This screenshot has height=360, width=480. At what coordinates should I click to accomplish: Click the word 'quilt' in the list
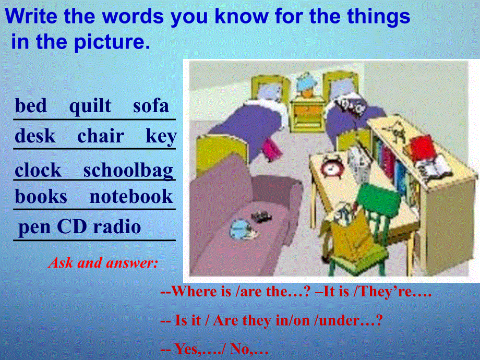[x=90, y=106]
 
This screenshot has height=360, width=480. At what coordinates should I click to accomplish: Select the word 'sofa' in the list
[x=151, y=106]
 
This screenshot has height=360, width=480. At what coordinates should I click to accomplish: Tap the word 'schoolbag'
[x=128, y=171]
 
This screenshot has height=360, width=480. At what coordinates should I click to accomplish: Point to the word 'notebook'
[x=131, y=197]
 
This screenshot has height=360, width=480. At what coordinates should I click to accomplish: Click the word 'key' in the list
[x=161, y=137]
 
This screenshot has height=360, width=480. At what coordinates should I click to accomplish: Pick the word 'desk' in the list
[x=35, y=137]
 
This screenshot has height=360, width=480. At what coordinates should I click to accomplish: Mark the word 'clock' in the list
[x=38, y=171]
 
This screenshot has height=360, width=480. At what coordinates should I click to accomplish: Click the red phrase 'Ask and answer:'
[x=103, y=263]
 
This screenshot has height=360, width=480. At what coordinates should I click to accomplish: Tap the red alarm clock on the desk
[x=331, y=166]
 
